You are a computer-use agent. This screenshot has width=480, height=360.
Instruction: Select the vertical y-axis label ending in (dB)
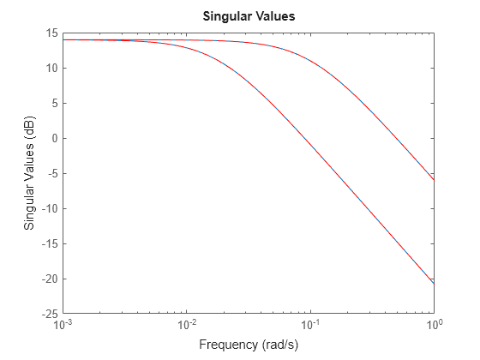[29, 173]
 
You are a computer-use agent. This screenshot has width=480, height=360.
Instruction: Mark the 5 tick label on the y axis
[54, 104]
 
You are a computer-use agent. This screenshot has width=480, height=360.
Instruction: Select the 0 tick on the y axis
[54, 139]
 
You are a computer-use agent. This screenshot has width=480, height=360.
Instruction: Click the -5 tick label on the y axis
[51, 174]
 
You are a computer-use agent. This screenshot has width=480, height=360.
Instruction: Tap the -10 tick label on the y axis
[49, 209]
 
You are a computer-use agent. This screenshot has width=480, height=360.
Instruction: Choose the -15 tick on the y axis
[49, 244]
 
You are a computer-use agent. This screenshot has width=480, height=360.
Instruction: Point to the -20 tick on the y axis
[49, 279]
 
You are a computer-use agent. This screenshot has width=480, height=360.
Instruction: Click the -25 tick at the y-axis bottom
[49, 315]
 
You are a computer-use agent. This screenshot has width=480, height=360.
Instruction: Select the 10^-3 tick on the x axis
[63, 327]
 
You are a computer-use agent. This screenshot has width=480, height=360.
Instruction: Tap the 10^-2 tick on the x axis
[187, 327]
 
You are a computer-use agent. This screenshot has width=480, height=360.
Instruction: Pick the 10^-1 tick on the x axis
[310, 327]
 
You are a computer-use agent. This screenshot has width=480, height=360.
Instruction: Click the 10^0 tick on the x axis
[434, 327]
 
